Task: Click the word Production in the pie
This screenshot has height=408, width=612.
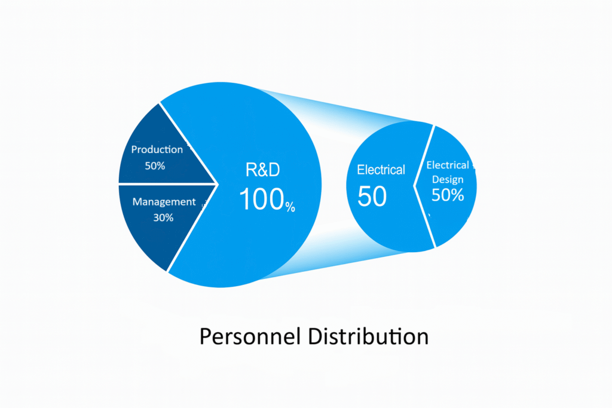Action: [157, 149]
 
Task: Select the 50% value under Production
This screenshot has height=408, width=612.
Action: [155, 166]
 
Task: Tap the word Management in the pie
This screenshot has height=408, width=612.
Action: [164, 202]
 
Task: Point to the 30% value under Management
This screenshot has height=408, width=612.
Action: [163, 217]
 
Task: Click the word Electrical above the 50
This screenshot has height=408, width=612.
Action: [381, 170]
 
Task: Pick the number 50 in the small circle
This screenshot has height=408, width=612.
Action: [372, 196]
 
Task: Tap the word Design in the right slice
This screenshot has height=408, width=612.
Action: [448, 179]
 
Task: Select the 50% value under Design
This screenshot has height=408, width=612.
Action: [448, 195]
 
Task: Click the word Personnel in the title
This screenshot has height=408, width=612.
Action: [250, 336]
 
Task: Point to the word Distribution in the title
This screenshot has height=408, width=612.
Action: [368, 336]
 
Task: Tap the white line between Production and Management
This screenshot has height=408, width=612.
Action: [167, 184]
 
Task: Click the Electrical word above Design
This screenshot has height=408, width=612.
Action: [448, 165]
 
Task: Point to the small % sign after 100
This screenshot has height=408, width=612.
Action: [290, 207]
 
